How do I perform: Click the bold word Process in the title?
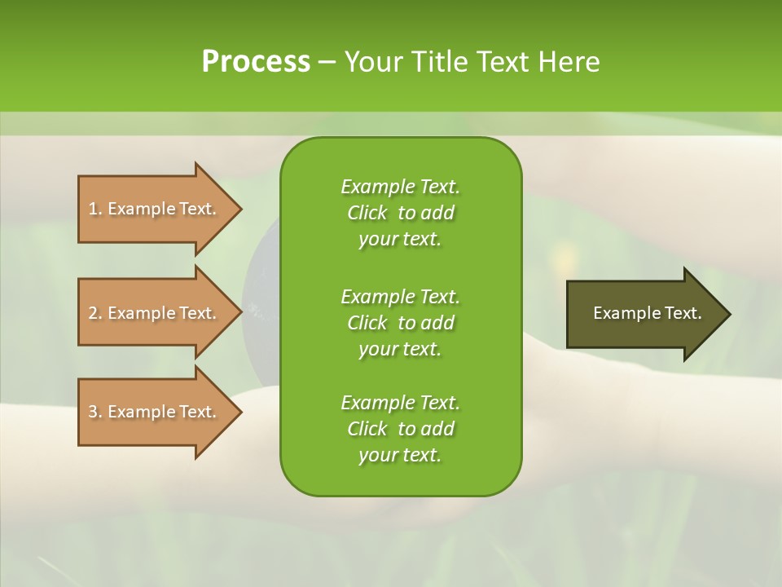[x=256, y=62]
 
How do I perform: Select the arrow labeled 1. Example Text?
[x=155, y=209]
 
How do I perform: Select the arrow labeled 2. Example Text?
[x=155, y=313]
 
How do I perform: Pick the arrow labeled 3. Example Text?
[x=155, y=412]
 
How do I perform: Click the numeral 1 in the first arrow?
[x=92, y=209]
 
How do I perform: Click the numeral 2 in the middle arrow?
[x=92, y=313]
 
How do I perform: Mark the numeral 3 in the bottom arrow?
[x=92, y=412]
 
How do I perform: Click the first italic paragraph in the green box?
[x=400, y=213]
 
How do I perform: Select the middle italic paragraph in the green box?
[x=400, y=322]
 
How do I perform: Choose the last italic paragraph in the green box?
[x=400, y=429]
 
